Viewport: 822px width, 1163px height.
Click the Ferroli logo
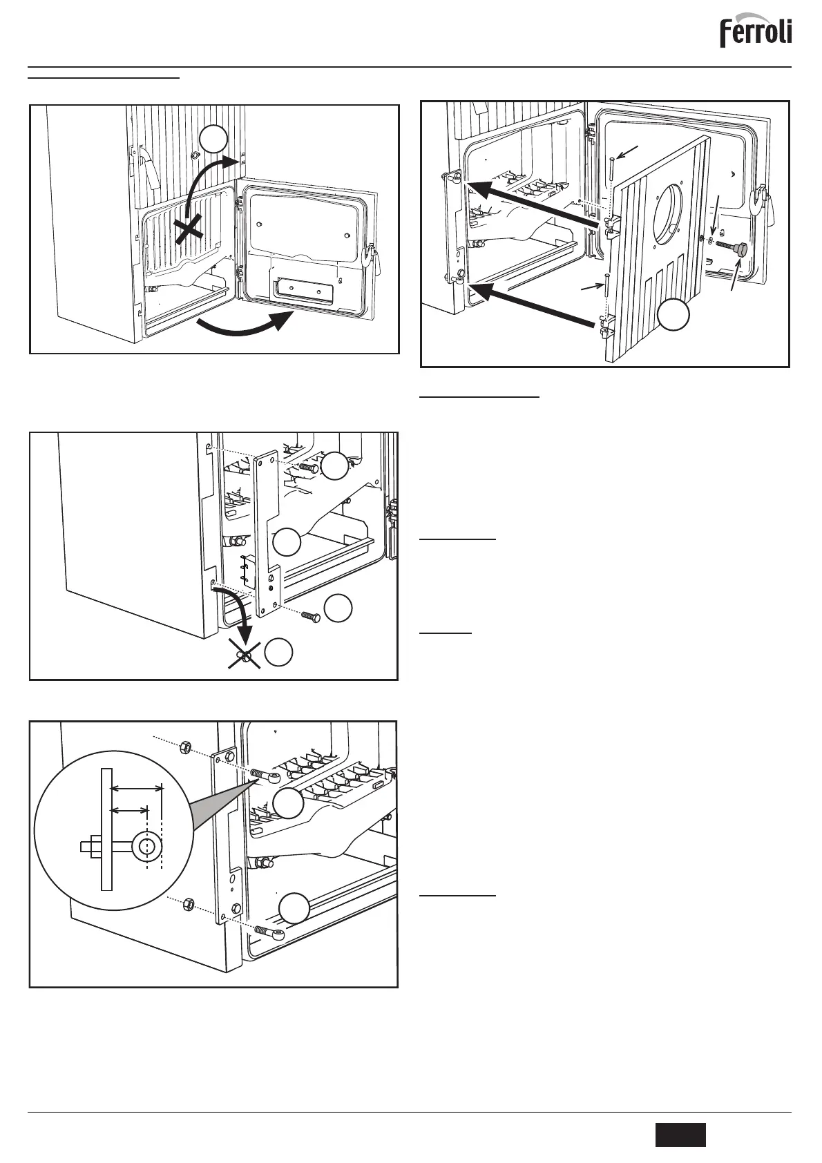coord(756,32)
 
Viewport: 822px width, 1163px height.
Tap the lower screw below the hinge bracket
coord(310,616)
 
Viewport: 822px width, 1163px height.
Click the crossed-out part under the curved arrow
coord(244,654)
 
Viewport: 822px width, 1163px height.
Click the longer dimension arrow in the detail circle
coord(137,787)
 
